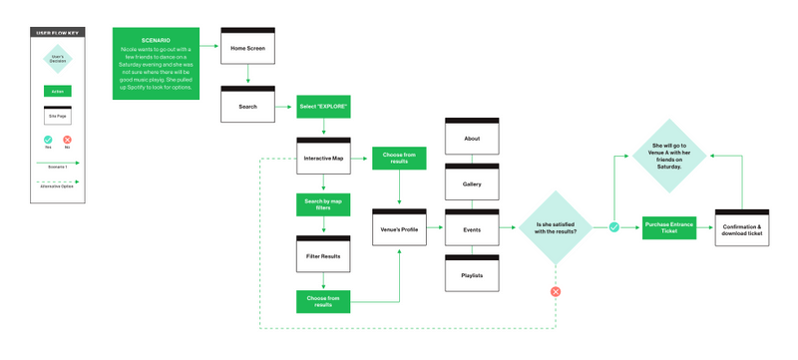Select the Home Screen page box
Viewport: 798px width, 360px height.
[x=247, y=46]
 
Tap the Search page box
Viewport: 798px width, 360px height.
[x=247, y=106]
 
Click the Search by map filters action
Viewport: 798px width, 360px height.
[x=323, y=205]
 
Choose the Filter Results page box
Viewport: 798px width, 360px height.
[x=323, y=255]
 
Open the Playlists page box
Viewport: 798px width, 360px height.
[x=472, y=273]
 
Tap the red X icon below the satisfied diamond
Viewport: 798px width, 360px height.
[x=557, y=291]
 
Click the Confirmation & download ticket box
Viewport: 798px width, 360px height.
[x=744, y=227]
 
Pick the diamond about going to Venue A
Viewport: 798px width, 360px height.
[x=669, y=156]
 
